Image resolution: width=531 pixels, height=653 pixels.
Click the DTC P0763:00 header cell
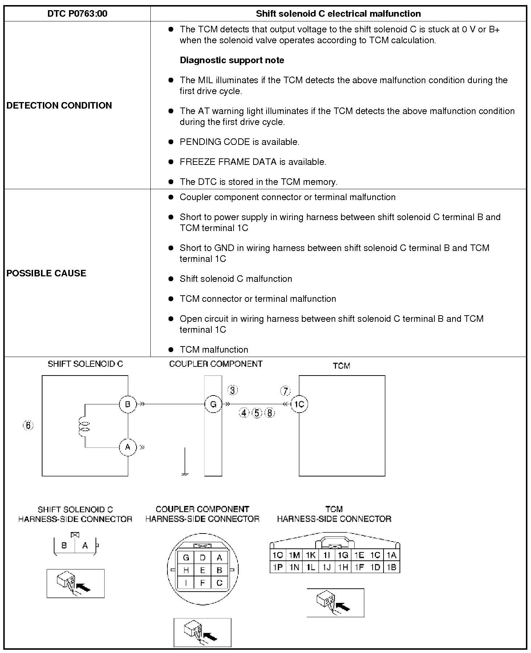(77, 14)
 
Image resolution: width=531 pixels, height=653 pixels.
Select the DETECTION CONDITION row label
(59, 105)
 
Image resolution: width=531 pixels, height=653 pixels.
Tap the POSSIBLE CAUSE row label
(46, 273)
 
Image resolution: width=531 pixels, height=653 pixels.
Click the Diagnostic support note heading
(232, 60)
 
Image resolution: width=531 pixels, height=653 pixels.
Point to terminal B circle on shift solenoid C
(127, 404)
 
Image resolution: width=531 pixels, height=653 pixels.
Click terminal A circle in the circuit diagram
(127, 447)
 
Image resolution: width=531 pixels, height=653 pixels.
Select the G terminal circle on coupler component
(213, 404)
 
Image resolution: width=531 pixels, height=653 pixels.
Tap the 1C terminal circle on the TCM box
(299, 404)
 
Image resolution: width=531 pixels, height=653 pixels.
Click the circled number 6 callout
(28, 425)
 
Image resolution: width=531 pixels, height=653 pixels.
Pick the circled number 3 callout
(232, 390)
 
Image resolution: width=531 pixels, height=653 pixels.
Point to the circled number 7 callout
(285, 391)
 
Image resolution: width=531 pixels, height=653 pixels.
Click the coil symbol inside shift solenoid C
(84, 426)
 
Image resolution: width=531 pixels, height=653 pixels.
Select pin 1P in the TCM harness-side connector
(278, 567)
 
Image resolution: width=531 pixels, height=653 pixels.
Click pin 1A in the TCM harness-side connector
(391, 555)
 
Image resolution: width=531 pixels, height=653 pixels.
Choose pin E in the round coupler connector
(203, 570)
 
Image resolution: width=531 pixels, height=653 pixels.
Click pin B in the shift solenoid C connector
(64, 545)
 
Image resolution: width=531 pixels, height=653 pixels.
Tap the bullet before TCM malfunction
(171, 349)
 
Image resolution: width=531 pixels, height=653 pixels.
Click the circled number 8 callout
(269, 413)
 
